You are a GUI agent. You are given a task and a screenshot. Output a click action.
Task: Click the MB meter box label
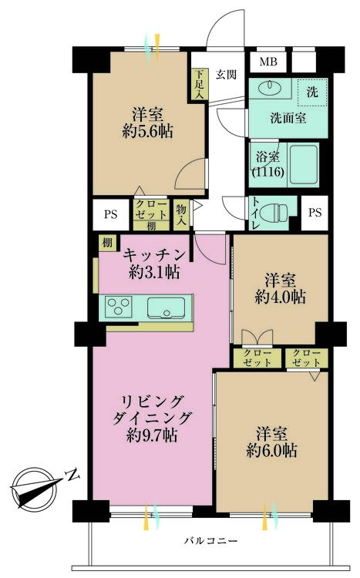click(x=268, y=62)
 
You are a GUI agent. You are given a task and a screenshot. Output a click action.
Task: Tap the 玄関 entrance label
click(x=226, y=74)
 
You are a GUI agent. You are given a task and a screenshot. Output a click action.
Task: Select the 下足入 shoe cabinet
click(x=198, y=85)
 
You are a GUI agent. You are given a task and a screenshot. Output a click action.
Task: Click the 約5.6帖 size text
click(x=146, y=131)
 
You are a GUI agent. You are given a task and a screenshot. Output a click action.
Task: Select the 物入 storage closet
click(x=181, y=213)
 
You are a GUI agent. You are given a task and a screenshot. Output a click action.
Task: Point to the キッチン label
click(x=154, y=254)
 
